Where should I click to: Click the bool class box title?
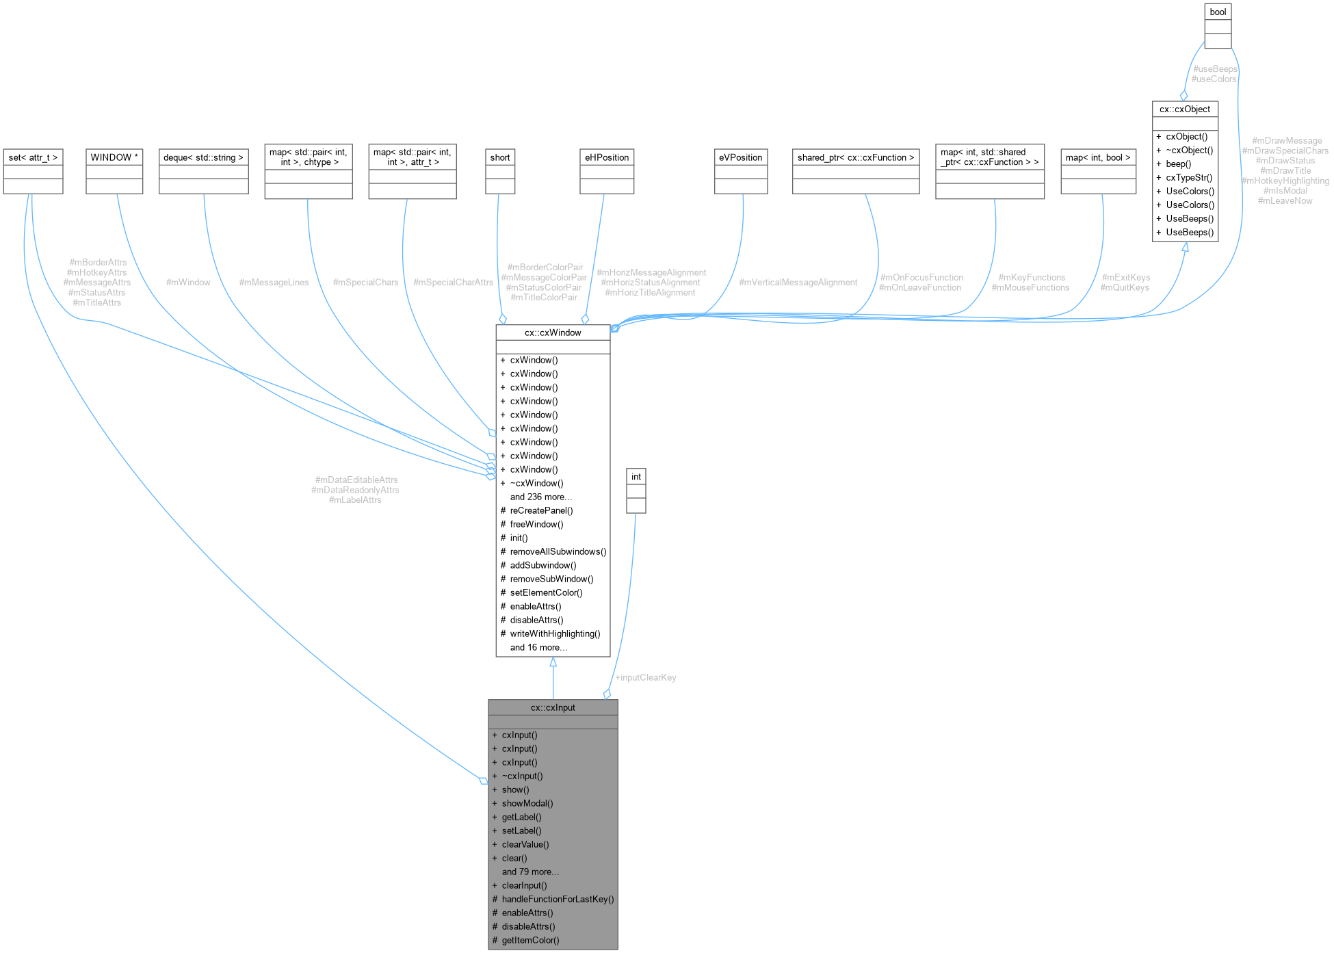pos(1218,12)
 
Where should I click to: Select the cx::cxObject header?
pos(1184,109)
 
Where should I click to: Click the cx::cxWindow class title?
pos(553,333)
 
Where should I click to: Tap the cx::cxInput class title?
pos(553,708)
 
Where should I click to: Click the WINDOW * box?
pos(114,158)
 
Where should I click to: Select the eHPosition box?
pos(606,158)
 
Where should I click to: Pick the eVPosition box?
pos(740,158)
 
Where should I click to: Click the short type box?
pos(499,158)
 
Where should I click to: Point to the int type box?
pos(636,478)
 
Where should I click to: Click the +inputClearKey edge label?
pos(646,678)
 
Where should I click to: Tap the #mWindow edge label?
pos(188,283)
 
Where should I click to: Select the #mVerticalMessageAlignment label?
pos(798,283)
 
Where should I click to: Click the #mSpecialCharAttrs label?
pos(453,283)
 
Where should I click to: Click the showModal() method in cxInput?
pos(527,804)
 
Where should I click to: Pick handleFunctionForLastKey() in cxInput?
pos(558,900)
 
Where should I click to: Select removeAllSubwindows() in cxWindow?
pos(558,552)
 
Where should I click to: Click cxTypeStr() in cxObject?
pos(1189,178)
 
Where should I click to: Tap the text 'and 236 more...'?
pos(540,497)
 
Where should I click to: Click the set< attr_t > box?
pos(33,158)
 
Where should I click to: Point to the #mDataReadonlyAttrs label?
pos(355,491)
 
